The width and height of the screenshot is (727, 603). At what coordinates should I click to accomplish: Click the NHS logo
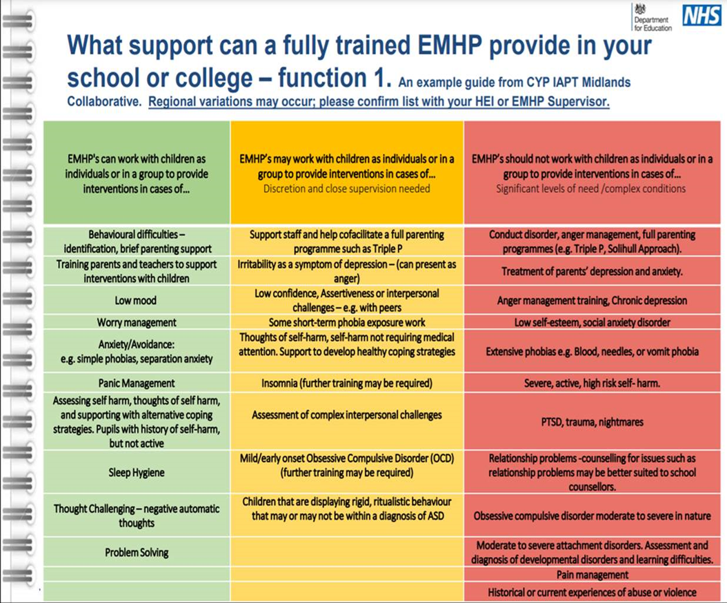(701, 15)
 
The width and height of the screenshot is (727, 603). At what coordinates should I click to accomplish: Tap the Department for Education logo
(652, 18)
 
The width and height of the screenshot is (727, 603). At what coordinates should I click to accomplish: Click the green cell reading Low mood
(137, 300)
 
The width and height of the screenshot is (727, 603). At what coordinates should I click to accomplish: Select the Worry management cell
(137, 322)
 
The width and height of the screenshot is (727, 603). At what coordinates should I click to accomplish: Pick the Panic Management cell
(137, 383)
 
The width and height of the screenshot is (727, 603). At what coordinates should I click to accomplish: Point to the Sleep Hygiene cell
(137, 472)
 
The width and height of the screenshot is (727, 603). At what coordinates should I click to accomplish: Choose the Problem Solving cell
(137, 553)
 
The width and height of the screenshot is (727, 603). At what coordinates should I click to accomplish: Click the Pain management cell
(592, 575)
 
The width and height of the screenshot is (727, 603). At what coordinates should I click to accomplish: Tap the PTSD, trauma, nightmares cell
(592, 422)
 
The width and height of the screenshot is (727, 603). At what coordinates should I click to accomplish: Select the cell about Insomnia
(347, 383)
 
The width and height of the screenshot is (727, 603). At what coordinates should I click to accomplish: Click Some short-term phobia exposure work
(347, 322)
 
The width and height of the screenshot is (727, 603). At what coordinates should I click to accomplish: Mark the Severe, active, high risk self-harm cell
(592, 383)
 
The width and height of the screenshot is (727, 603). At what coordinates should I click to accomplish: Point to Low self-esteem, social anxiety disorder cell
(592, 322)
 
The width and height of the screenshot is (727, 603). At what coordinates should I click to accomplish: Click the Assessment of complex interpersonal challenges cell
(347, 415)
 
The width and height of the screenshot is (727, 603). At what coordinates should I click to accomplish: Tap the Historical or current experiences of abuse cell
(592, 593)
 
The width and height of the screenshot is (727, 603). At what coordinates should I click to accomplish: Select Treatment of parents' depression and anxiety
(592, 271)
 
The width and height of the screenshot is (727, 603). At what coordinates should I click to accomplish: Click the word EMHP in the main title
(450, 46)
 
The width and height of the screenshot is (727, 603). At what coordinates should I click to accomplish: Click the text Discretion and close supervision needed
(347, 189)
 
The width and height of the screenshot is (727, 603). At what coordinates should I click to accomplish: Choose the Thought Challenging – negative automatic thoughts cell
(137, 515)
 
